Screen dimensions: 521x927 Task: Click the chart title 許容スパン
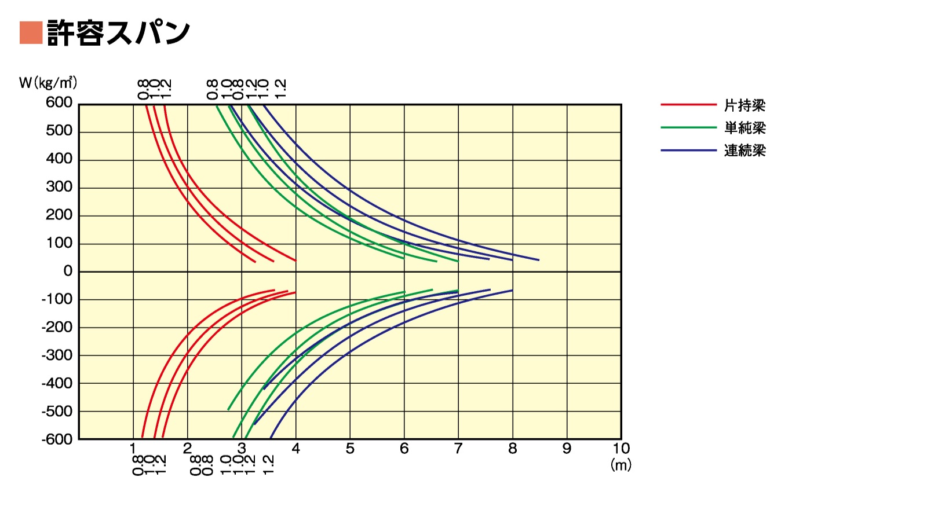[x=118, y=32]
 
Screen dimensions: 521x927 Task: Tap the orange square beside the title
[x=31, y=32]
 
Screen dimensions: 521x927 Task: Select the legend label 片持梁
[x=744, y=105]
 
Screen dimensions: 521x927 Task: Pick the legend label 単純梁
[x=744, y=128]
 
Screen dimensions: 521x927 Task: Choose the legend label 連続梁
[x=744, y=151]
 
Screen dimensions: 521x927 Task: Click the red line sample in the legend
[x=688, y=105]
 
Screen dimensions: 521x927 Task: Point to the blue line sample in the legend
[x=688, y=151]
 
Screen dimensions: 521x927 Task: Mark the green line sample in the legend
[x=688, y=127]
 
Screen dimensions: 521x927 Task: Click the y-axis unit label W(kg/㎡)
[x=48, y=83]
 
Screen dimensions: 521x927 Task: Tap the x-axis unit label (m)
[x=621, y=465]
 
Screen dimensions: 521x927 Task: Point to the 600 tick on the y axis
[x=59, y=102]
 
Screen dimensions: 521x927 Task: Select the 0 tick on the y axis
[x=68, y=271]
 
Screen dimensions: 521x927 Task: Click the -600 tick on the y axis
[x=57, y=439]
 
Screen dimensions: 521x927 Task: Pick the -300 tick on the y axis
[x=57, y=355]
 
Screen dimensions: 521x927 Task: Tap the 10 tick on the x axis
[x=621, y=449]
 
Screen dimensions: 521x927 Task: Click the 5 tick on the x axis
[x=350, y=449]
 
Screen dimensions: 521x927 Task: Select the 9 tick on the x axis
[x=567, y=449]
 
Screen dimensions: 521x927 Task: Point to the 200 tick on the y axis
[x=59, y=215]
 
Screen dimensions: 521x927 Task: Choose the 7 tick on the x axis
[x=458, y=449]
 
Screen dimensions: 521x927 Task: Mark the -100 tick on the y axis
[x=57, y=299]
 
